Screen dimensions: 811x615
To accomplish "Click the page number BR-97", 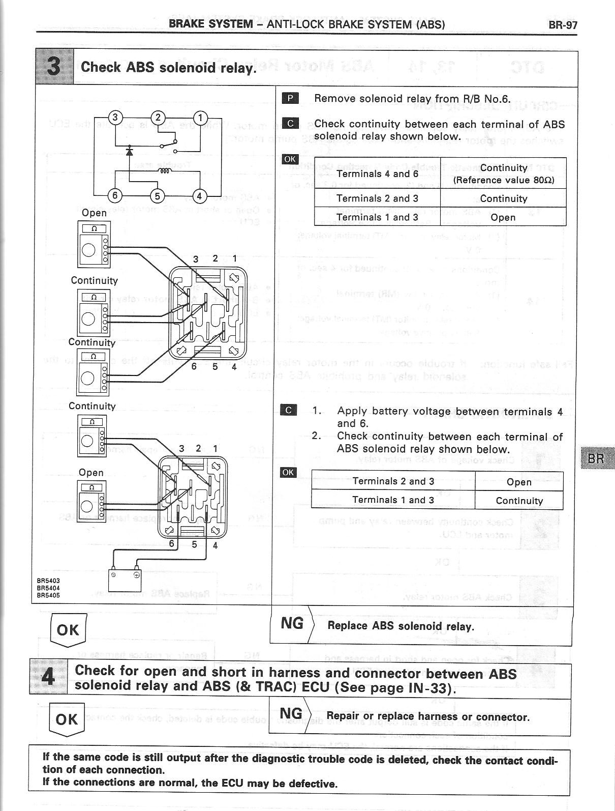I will tap(563, 24).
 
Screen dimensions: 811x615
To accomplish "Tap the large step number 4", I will tap(48, 677).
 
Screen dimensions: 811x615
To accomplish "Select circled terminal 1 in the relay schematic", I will tap(201, 118).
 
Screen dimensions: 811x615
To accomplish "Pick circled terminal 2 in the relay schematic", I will tap(158, 118).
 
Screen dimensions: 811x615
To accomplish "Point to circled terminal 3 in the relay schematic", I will tap(115, 118).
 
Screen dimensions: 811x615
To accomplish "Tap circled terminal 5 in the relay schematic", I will tap(158, 195).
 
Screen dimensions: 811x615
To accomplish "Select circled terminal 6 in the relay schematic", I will tap(115, 195).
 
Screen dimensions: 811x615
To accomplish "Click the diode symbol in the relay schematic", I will tap(130, 152).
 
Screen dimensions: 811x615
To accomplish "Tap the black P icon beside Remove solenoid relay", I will tap(290, 98).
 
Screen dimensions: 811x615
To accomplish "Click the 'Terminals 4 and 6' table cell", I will tap(377, 173).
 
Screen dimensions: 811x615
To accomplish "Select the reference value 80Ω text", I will tap(503, 180).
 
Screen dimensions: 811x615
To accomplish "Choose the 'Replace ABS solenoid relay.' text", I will tap(401, 626).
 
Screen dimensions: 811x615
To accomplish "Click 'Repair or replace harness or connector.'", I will tap(428, 717).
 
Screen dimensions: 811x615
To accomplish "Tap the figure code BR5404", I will tap(48, 587).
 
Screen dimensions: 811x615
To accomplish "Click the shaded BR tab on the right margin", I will tap(596, 458).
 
